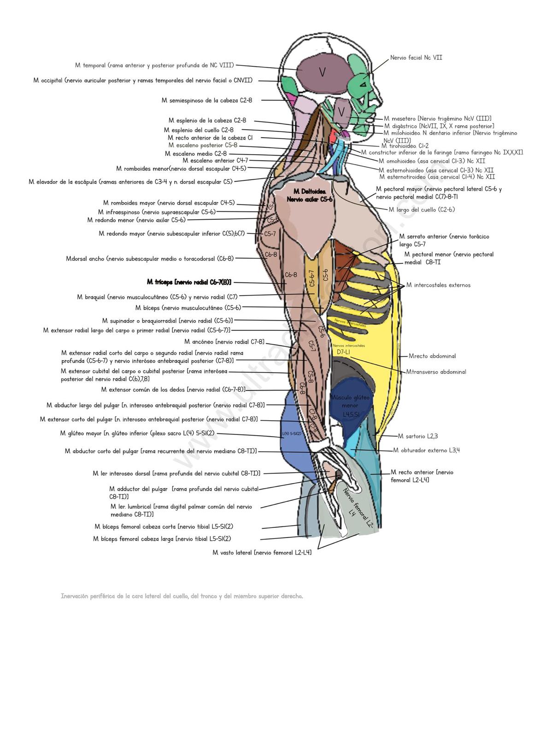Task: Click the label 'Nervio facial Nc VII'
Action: (416, 58)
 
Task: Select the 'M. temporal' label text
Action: (154, 65)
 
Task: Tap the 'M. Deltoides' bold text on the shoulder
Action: (310, 192)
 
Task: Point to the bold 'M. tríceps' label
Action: (189, 282)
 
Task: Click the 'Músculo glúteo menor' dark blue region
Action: (350, 405)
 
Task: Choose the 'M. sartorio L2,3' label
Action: (418, 436)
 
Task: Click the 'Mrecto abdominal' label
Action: (432, 356)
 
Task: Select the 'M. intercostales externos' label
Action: (438, 285)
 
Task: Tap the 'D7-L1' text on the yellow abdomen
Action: (343, 352)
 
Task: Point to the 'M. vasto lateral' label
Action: (262, 552)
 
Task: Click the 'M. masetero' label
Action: (437, 118)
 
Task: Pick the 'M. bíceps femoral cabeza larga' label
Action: (162, 538)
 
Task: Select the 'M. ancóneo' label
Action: (224, 342)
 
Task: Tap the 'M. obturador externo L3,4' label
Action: (426, 450)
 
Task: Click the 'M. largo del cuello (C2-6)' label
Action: (421, 210)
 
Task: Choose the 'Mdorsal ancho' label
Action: (150, 258)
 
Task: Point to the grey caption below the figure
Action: (182, 596)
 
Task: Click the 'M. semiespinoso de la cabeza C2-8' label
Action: (206, 100)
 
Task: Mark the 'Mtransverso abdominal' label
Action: (436, 372)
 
